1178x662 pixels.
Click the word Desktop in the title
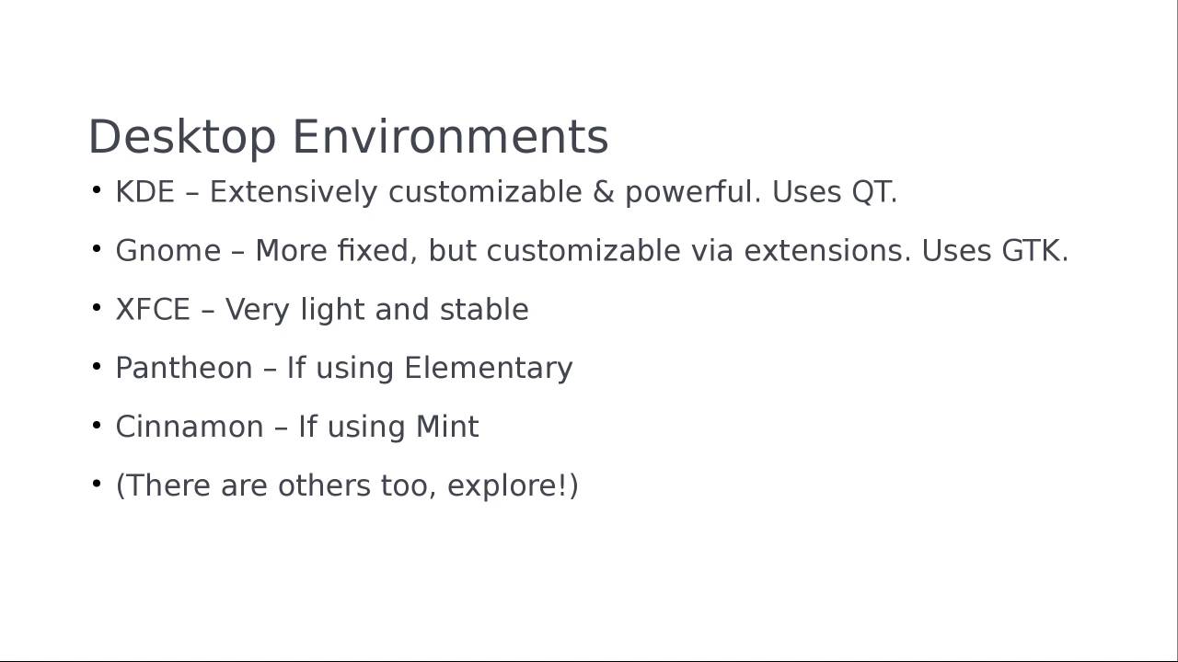coord(181,138)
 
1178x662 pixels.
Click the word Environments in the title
coord(450,137)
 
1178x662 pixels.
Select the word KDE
coord(144,192)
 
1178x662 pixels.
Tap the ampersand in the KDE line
coord(603,192)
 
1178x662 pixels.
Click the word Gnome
coord(167,251)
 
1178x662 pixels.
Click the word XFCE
coord(152,310)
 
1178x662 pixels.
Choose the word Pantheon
coord(183,369)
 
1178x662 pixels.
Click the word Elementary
coord(488,369)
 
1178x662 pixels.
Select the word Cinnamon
coord(189,428)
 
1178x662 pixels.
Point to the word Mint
coord(447,428)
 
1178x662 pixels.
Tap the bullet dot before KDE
coord(97,190)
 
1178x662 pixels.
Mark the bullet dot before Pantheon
coord(97,367)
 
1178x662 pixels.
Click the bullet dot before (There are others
coord(97,485)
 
